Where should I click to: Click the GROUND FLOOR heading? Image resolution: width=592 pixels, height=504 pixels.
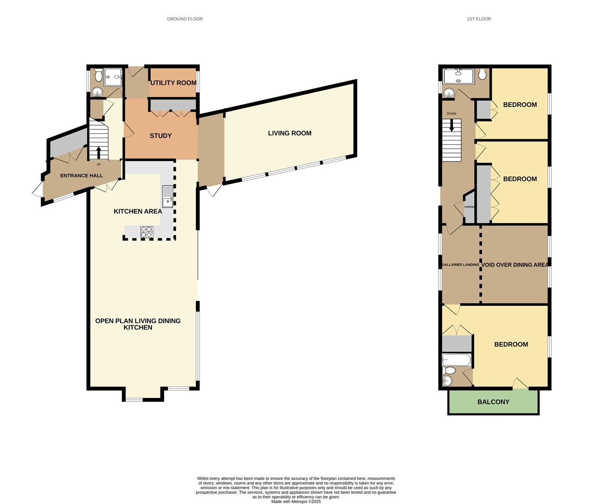click(x=185, y=19)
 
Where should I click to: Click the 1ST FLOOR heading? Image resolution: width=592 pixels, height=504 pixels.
click(x=479, y=19)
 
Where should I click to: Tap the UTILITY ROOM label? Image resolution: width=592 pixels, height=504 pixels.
click(x=173, y=83)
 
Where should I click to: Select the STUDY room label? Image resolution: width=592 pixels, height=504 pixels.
click(x=160, y=136)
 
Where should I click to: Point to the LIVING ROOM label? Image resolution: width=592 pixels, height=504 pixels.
click(x=289, y=133)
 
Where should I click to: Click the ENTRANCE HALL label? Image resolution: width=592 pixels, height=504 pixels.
click(x=81, y=175)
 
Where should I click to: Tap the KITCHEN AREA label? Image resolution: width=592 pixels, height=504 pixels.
click(x=138, y=211)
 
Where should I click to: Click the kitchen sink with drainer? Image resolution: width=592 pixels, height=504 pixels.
click(x=167, y=196)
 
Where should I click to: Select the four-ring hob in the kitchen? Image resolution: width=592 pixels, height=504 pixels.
click(x=146, y=232)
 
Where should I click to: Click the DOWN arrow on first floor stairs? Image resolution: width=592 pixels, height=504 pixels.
click(x=451, y=125)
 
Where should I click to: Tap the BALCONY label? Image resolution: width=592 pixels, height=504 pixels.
click(x=493, y=402)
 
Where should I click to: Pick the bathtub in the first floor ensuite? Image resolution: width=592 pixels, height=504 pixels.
click(x=456, y=360)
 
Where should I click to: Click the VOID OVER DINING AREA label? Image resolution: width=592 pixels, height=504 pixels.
click(x=515, y=265)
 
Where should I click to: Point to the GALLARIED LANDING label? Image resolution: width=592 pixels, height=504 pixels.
click(x=460, y=265)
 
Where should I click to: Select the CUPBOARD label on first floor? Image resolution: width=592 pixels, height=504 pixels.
click(x=469, y=207)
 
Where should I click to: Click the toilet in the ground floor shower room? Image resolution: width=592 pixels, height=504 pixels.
click(x=98, y=75)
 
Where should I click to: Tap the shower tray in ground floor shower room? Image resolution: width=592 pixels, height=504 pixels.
click(x=113, y=77)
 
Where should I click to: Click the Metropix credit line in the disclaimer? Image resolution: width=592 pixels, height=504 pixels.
click(x=296, y=502)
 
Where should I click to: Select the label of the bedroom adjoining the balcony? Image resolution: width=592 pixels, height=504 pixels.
click(x=511, y=344)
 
